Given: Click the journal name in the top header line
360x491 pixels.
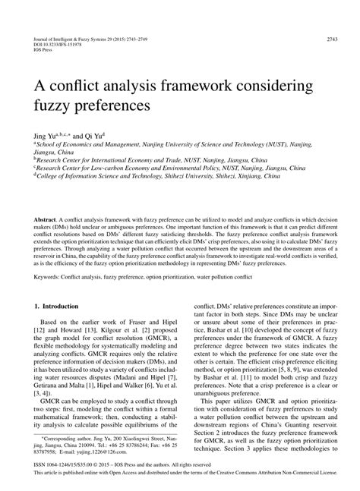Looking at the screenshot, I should [76, 37].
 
